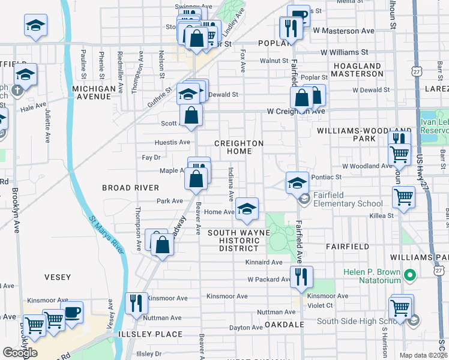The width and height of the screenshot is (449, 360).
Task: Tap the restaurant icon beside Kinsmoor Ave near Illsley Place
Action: click(136, 303)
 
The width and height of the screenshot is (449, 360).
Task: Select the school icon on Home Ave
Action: click(246, 208)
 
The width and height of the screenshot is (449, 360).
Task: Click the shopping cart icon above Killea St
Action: click(403, 196)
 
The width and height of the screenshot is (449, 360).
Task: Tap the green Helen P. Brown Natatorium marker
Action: click(410, 275)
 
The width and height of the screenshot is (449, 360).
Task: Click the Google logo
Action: click(19, 352)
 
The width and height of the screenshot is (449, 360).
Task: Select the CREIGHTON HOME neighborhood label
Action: click(239, 148)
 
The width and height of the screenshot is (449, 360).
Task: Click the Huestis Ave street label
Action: click(172, 142)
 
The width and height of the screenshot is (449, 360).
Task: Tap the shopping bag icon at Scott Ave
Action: click(191, 115)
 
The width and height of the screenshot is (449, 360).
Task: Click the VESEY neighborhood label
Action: click(58, 277)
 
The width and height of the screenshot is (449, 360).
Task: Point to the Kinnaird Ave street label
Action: click(264, 262)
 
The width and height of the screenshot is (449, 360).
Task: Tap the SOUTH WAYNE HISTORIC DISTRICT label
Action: click(234, 241)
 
